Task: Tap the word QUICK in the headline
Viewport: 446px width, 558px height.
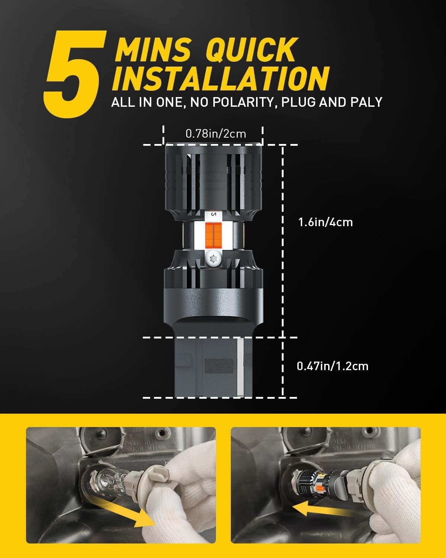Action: (252, 49)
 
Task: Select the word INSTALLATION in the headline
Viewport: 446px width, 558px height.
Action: (220, 79)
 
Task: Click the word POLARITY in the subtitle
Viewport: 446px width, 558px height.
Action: (233, 102)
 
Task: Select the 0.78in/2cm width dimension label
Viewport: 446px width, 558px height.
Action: (216, 134)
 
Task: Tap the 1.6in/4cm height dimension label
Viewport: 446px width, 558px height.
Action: (325, 222)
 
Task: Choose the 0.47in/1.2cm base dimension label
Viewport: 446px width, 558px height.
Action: (332, 366)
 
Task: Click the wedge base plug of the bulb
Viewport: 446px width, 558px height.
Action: (210, 366)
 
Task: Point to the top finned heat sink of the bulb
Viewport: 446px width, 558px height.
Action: (213, 179)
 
